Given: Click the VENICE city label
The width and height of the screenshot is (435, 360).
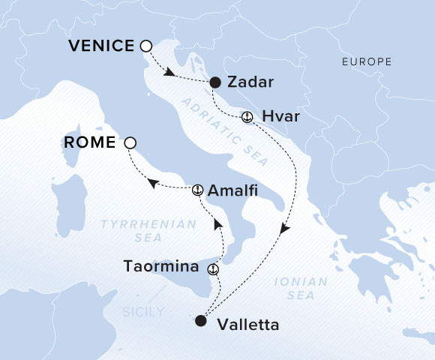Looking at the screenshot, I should click(x=101, y=46).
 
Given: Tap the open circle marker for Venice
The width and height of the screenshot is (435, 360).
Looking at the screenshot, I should click(x=146, y=46).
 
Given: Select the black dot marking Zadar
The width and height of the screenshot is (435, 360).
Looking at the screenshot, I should click(x=215, y=82).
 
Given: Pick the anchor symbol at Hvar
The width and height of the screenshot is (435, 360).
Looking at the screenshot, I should click(x=247, y=117).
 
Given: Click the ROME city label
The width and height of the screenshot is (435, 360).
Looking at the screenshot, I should click(x=90, y=142).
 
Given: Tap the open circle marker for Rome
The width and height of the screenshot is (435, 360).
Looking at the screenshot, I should click(x=130, y=142).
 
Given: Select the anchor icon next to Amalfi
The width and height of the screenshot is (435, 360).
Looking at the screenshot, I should click(x=198, y=190).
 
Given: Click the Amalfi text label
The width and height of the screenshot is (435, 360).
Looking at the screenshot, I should click(x=234, y=190).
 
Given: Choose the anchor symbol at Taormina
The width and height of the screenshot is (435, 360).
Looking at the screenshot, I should click(x=213, y=268).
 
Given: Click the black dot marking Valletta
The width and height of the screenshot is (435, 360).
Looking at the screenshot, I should click(x=199, y=321).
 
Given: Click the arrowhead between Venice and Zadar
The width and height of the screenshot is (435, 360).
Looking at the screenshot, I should click(x=172, y=73).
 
